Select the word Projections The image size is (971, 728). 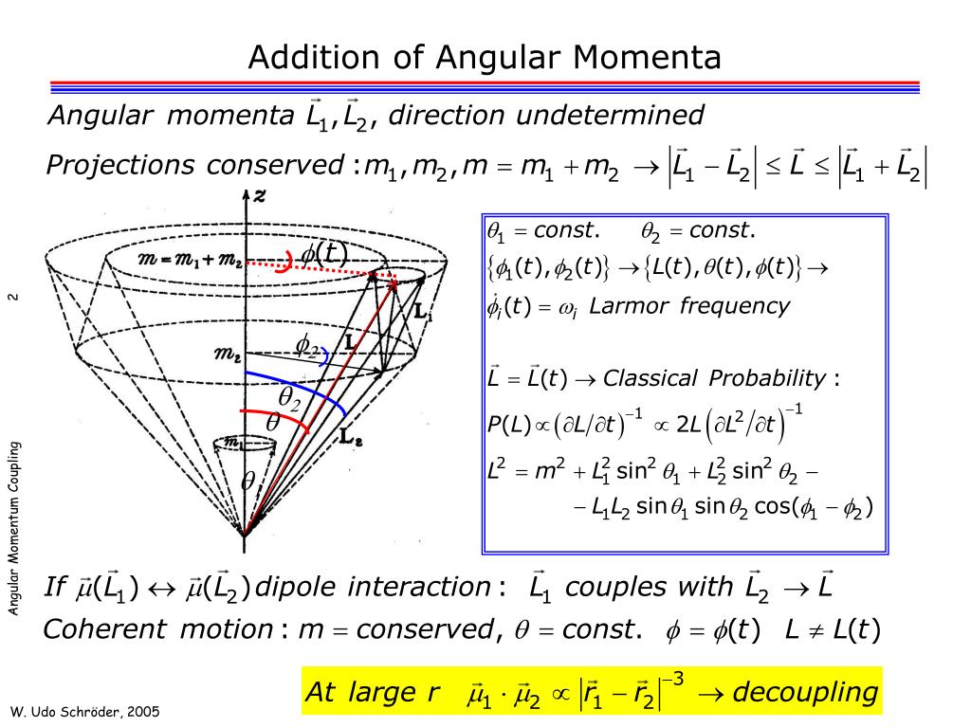point(120,165)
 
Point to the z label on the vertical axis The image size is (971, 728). point(260,196)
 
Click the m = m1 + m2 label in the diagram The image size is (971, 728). point(190,260)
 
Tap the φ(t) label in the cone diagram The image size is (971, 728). point(324,253)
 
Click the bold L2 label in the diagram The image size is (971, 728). point(351,437)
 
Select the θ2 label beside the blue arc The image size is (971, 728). point(289,397)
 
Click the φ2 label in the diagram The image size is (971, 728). point(307,345)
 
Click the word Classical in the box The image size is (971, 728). point(650,378)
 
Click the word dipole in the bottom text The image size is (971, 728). point(296,587)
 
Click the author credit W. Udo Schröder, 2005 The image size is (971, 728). point(85,712)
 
